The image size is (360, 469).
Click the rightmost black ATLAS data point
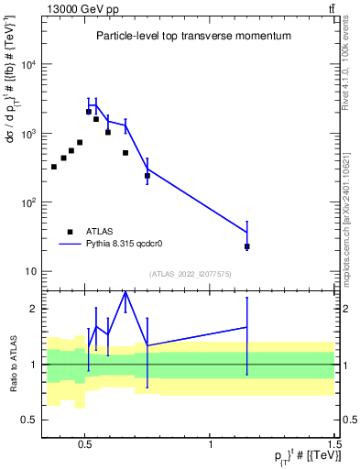[247, 246]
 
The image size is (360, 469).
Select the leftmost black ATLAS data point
[54, 167]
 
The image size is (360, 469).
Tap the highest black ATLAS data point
[89, 112]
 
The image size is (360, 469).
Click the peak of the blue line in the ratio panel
[125, 291]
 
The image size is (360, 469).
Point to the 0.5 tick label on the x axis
[85, 440]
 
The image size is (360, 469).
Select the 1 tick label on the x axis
[211, 440]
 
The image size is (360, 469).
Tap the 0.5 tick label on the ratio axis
[29, 420]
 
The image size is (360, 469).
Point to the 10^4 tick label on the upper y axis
[27, 65]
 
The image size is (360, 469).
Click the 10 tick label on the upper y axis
[29, 271]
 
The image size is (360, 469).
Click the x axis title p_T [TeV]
[301, 456]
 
